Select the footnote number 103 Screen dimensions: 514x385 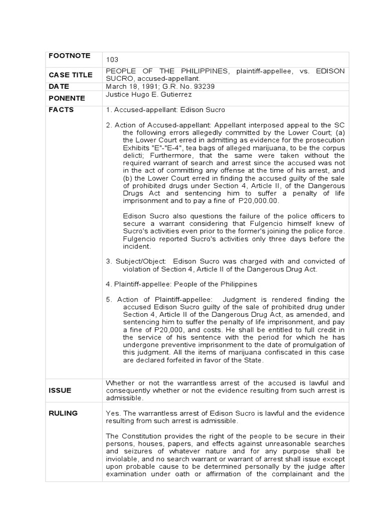coord(112,60)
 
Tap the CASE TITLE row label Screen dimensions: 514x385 coord(71,75)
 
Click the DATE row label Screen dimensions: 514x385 coord(59,86)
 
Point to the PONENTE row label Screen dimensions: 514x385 coord(67,98)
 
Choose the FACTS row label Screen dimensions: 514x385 coord(61,109)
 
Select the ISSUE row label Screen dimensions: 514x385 coord(60,390)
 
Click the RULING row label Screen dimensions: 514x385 coord(63,413)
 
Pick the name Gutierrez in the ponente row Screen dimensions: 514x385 coord(176,94)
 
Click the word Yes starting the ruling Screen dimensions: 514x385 coord(112,413)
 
